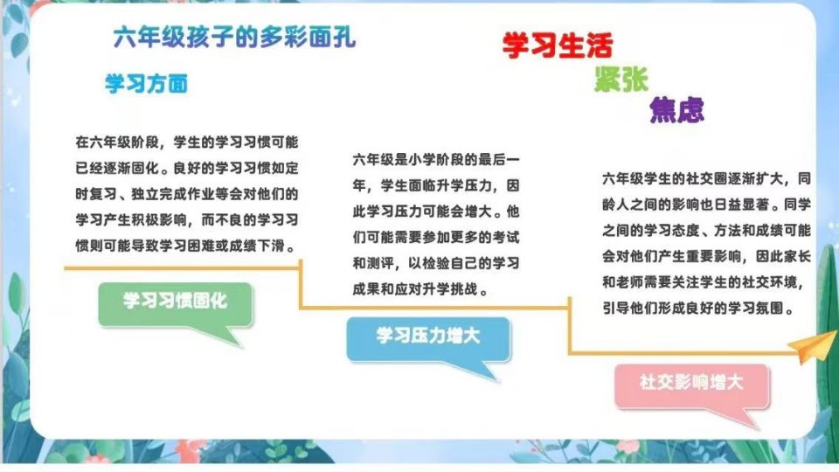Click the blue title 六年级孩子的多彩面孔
[234, 38]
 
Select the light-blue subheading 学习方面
[147, 84]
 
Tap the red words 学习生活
[558, 45]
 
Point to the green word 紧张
[621, 80]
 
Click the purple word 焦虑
[676, 110]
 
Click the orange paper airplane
[814, 346]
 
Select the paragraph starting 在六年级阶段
[187, 194]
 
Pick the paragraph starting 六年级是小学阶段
[436, 225]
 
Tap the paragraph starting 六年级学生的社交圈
[706, 243]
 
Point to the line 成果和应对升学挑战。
[420, 289]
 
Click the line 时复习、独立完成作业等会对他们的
[187, 194]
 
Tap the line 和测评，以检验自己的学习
[436, 263]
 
